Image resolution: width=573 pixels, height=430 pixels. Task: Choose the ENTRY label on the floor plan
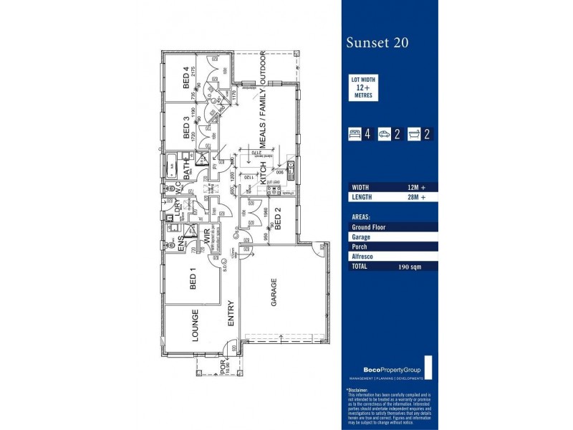point(231,313)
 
